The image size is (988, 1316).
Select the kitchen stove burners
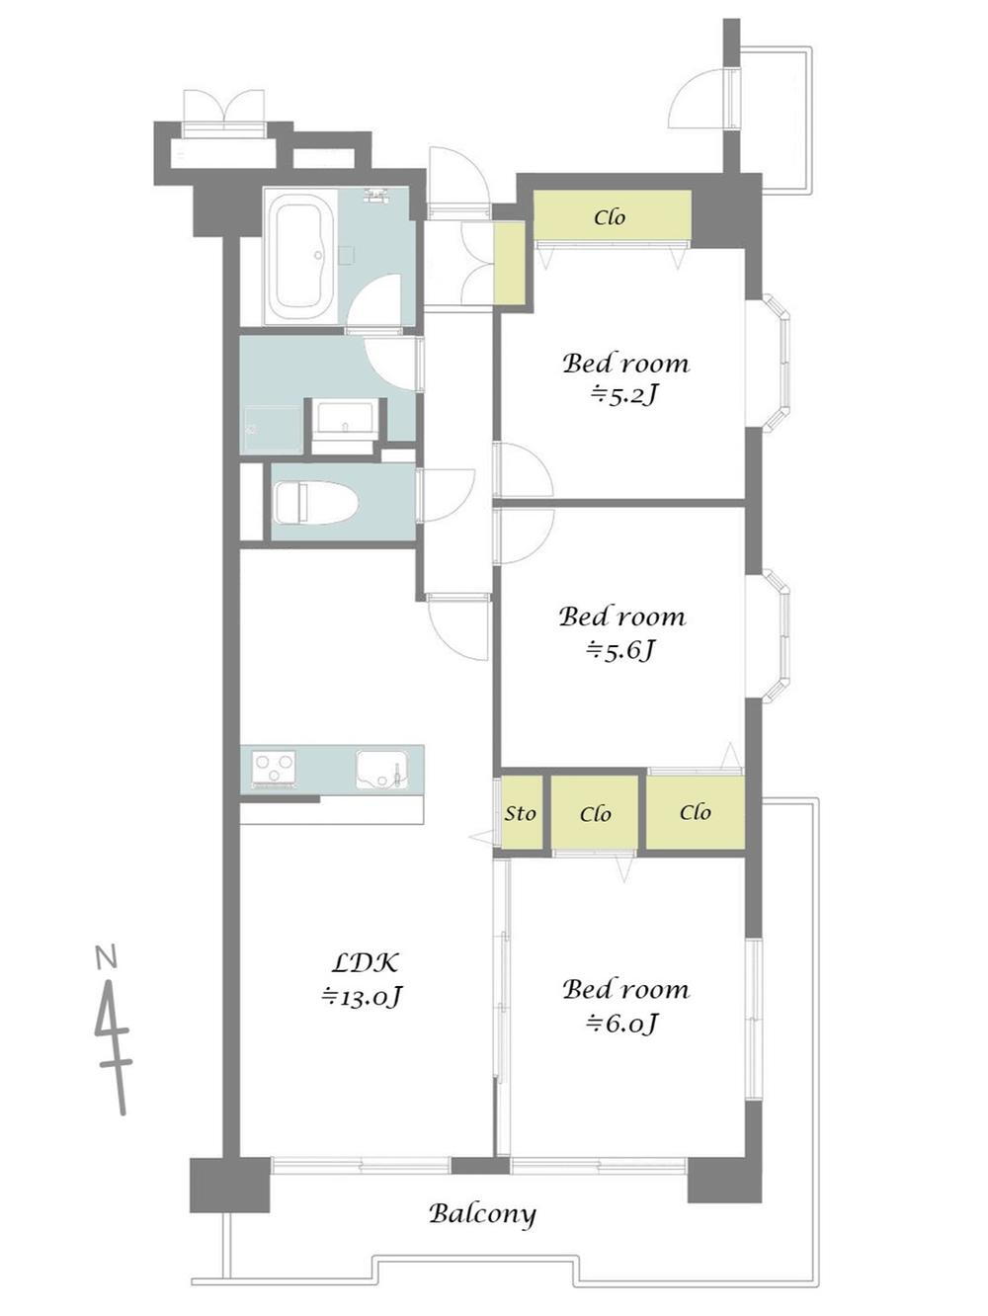pyautogui.click(x=274, y=768)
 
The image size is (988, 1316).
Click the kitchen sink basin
pyautogui.click(x=381, y=769)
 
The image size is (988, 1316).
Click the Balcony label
pyautogui.click(x=482, y=1215)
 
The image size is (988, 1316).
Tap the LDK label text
pyautogui.click(x=365, y=963)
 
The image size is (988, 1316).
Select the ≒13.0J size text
pyautogui.click(x=362, y=997)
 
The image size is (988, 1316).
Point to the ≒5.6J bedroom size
pyautogui.click(x=621, y=650)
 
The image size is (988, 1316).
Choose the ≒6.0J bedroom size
pyautogui.click(x=623, y=1023)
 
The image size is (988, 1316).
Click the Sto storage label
pyautogui.click(x=520, y=813)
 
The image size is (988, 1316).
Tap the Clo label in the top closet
pyautogui.click(x=610, y=217)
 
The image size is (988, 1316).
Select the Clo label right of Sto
pyautogui.click(x=596, y=814)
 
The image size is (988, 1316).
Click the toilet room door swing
pyautogui.click(x=446, y=495)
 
